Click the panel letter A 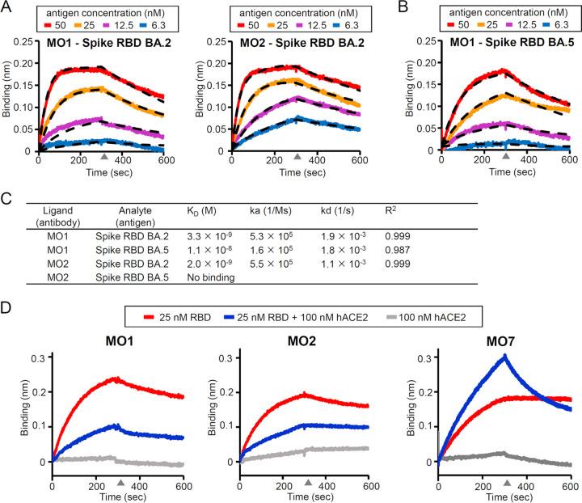[7, 8]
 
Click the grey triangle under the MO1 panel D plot [120, 483]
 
